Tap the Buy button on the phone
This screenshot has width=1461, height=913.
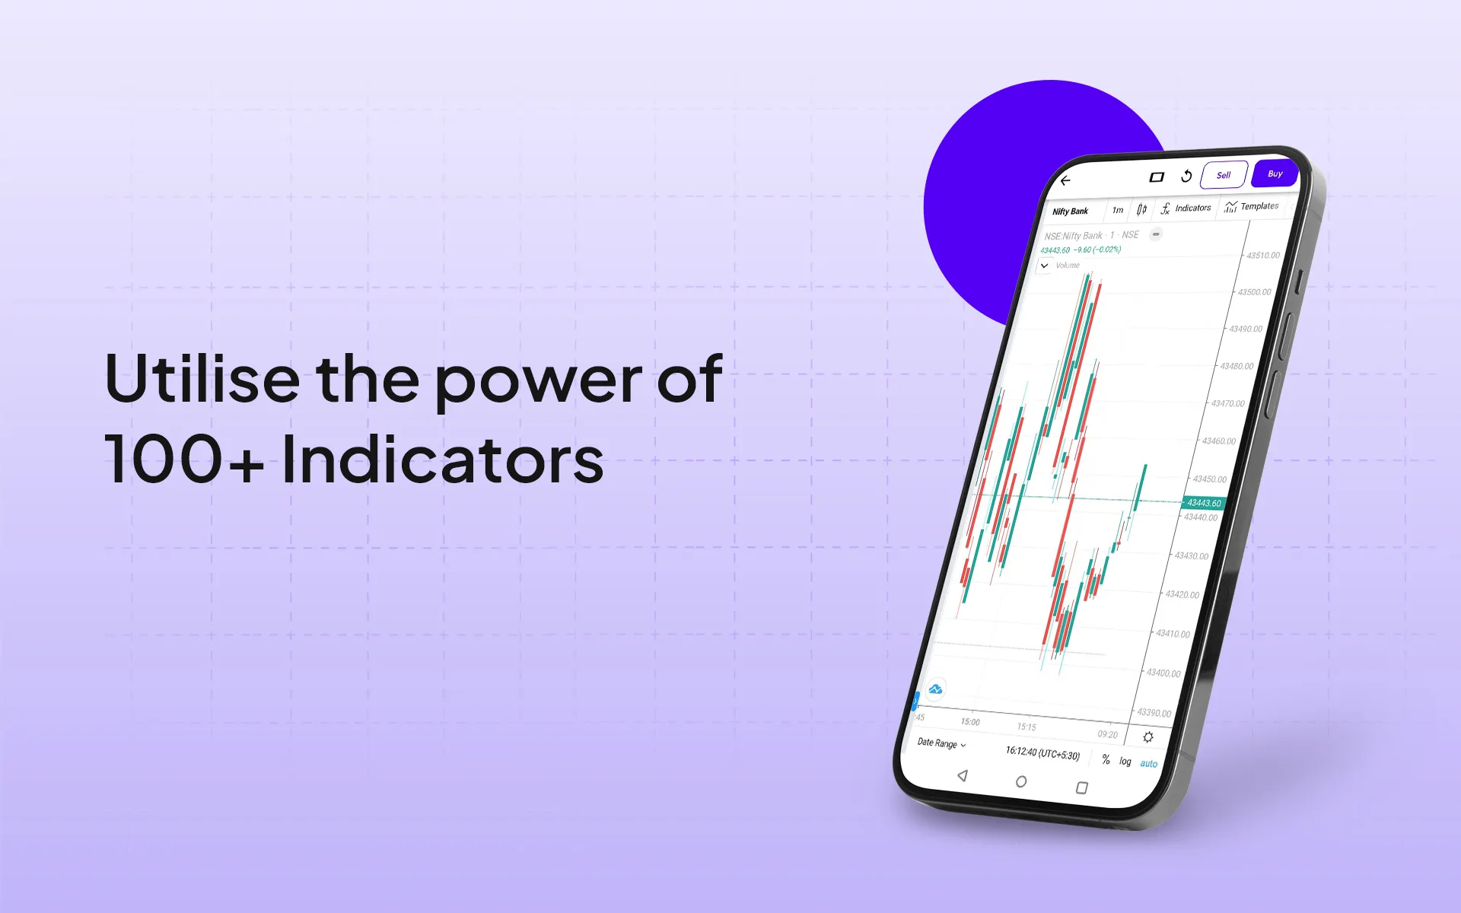coord(1275,174)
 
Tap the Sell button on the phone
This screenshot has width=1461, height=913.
coord(1223,175)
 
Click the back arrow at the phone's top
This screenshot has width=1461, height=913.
coord(1065,180)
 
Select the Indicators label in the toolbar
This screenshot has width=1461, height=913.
coord(1192,208)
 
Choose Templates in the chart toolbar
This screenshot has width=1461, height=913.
coord(1259,206)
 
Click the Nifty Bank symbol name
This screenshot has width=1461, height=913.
coord(1070,211)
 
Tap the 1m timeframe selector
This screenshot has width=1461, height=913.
coord(1117,210)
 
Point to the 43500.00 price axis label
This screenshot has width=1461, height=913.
coord(1254,292)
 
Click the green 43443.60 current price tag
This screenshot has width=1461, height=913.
coord(1204,503)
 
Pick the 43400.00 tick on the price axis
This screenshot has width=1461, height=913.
coord(1163,673)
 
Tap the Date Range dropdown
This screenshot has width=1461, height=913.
coord(941,743)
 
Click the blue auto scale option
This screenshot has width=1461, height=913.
coord(1148,764)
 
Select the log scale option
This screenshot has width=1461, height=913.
coord(1125,761)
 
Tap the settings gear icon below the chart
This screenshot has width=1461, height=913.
coord(1147,737)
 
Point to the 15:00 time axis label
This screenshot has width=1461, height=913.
coord(970,722)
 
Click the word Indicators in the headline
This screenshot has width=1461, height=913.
coord(442,460)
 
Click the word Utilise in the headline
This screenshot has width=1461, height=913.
coord(202,378)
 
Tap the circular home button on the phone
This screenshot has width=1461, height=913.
coord(1021,781)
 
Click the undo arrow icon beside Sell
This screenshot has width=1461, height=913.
coord(1186,177)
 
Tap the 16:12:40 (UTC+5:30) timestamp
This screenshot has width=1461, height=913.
coord(1042,753)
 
